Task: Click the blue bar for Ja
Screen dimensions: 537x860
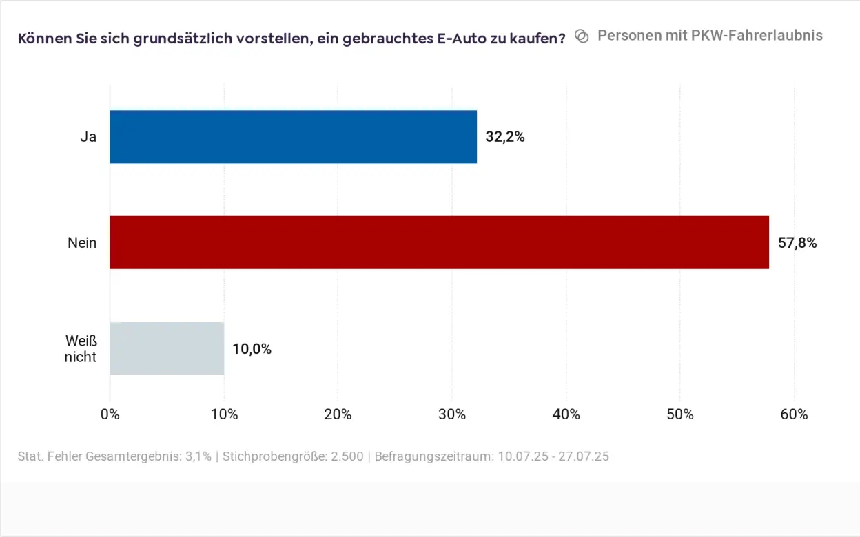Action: click(293, 136)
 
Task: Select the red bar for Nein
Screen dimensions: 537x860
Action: click(439, 242)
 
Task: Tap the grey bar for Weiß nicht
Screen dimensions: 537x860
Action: click(167, 348)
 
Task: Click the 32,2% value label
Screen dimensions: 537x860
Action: click(505, 137)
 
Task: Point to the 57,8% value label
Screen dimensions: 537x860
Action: click(797, 243)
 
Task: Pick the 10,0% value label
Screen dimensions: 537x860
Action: click(252, 349)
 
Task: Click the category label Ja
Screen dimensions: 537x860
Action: click(88, 137)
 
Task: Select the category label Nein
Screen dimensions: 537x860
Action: click(82, 243)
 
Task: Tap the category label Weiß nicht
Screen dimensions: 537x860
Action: click(81, 349)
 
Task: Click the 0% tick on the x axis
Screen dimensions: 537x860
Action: click(110, 414)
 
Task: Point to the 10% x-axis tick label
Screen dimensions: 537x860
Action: click(224, 414)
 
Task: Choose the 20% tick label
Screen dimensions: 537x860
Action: click(338, 414)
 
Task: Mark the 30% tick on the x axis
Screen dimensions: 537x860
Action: click(452, 414)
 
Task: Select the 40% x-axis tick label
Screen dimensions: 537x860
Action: click(566, 414)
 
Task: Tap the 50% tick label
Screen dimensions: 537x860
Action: click(680, 414)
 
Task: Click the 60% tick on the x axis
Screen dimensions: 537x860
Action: click(794, 414)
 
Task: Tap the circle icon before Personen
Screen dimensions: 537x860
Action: click(582, 36)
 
